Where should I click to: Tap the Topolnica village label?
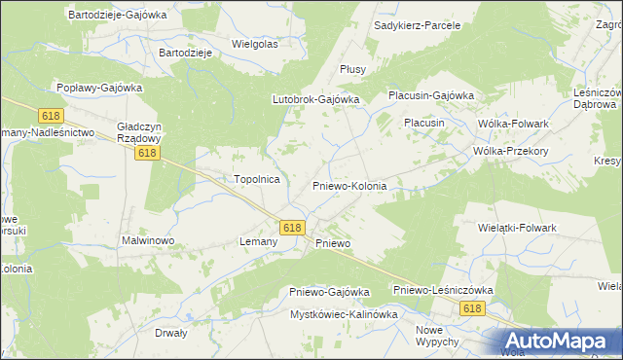257,179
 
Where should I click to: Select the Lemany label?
259,241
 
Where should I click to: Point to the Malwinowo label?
147,239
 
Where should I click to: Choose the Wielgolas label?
255,44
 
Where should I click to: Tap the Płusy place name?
351,69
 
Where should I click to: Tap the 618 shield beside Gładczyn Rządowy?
147,154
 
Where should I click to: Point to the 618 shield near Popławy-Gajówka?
52,115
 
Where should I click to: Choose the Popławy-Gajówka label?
99,88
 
